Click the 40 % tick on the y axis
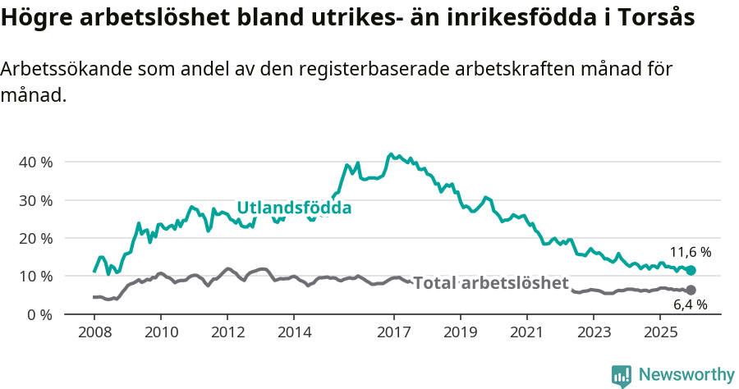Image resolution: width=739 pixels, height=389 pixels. coord(35,162)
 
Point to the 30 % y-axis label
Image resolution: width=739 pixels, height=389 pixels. coord(35,200)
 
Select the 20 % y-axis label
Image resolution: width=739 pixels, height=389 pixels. coord(35,238)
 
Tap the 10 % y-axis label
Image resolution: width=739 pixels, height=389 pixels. coord(35,277)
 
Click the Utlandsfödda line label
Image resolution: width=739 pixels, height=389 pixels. coord(294,208)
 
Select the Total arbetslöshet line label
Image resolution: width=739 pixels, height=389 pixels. coord(490,283)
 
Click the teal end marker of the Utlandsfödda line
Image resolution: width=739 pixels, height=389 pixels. coord(691,270)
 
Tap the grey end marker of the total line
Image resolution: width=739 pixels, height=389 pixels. coord(691,290)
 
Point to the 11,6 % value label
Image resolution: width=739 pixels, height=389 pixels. coord(691,253)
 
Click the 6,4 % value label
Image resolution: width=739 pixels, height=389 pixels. coord(691,305)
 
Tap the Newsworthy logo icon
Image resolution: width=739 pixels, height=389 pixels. coord(622,375)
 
